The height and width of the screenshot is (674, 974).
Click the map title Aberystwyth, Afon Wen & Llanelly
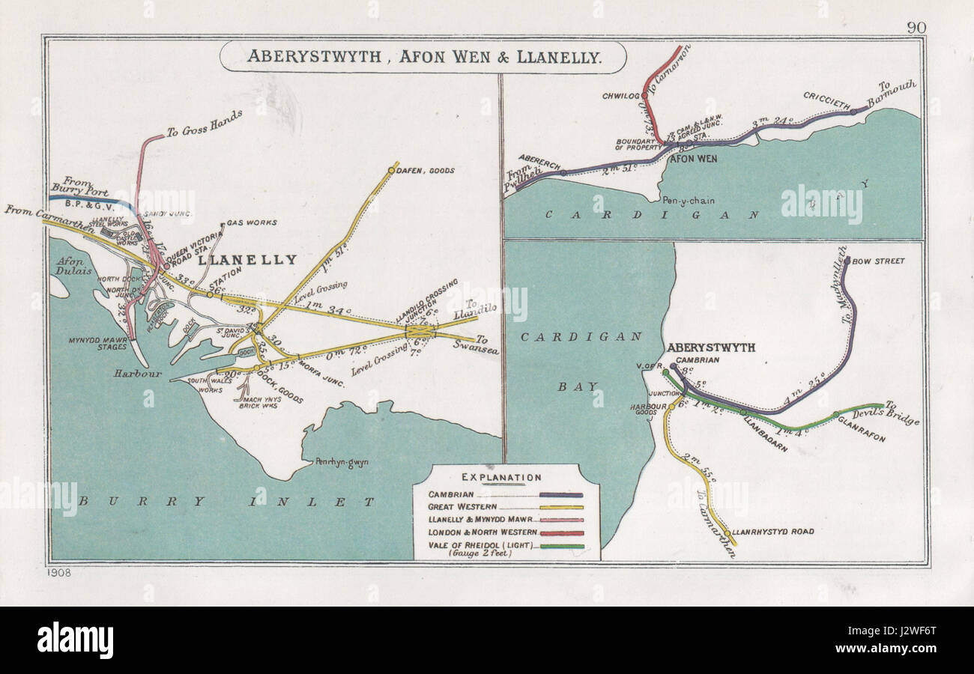tap(423, 57)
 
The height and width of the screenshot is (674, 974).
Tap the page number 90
tap(916, 28)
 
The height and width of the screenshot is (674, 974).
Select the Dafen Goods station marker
tap(391, 171)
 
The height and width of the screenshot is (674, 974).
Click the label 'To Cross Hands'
tap(204, 124)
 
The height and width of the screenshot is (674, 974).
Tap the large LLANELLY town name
tap(247, 260)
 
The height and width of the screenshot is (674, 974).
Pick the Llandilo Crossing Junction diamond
tap(420, 330)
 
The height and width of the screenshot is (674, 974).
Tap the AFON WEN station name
tap(692, 159)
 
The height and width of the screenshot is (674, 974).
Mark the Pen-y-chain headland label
tap(687, 200)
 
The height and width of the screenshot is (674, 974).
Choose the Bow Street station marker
tap(847, 261)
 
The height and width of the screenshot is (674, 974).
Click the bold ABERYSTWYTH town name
tap(710, 347)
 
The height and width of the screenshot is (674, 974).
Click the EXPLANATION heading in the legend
tap(501, 477)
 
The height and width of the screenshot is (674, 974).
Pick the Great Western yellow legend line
tap(555, 507)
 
